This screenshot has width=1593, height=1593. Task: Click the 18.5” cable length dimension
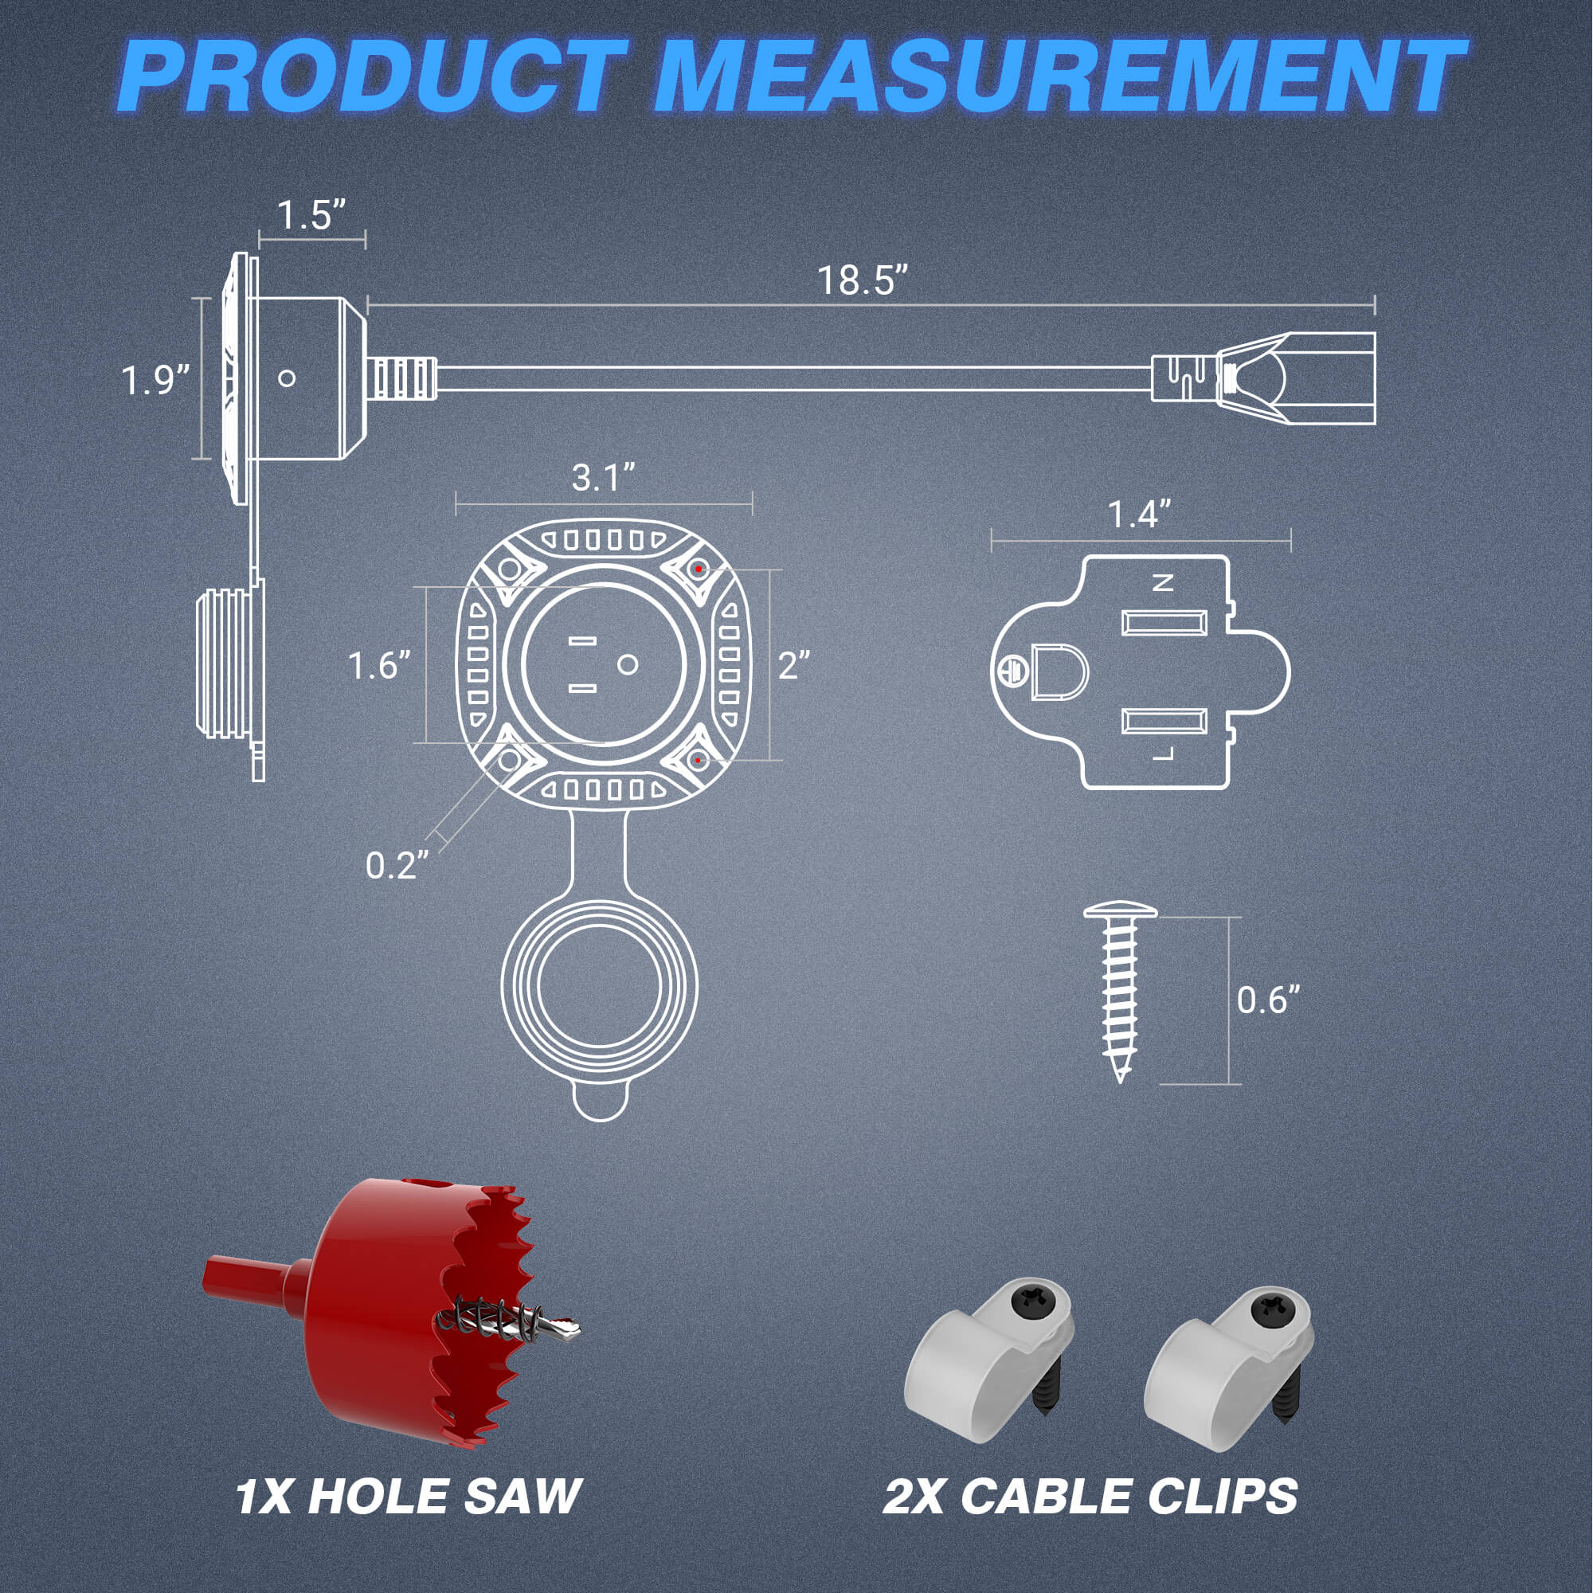click(x=863, y=280)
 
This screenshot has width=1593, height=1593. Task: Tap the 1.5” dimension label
click(x=310, y=215)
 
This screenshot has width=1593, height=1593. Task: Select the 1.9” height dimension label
click(x=155, y=381)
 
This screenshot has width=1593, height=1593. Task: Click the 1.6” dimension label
click(x=379, y=666)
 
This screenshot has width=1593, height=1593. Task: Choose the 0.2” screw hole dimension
click(x=397, y=866)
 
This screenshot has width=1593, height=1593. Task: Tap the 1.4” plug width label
click(x=1139, y=515)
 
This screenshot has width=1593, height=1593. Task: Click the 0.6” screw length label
click(x=1268, y=1000)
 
